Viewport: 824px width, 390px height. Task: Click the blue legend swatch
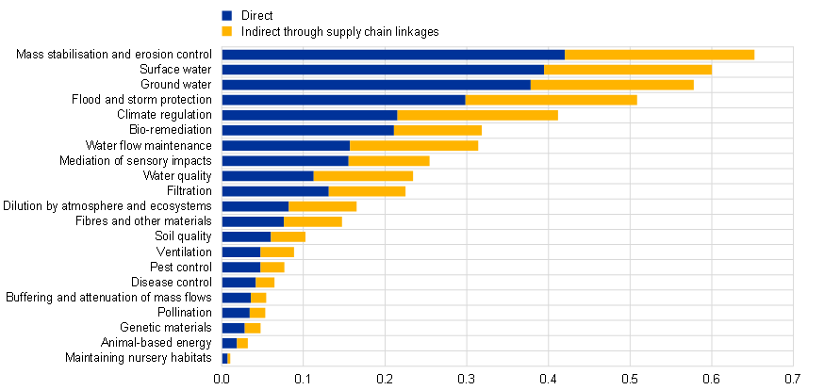(x=226, y=16)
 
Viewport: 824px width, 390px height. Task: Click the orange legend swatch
(x=226, y=32)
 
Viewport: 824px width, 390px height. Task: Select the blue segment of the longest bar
(x=393, y=55)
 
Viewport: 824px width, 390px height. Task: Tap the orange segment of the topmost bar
(x=660, y=55)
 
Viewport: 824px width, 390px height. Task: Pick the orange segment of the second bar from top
(x=627, y=70)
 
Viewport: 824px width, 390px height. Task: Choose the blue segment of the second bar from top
(x=383, y=70)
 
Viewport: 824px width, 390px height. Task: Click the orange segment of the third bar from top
(x=613, y=85)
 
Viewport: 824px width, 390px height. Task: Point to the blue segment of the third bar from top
(x=376, y=85)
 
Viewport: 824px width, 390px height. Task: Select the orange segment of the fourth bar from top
(x=552, y=100)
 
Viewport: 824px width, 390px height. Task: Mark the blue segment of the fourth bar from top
(x=344, y=100)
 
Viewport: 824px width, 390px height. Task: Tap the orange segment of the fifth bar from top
(x=478, y=115)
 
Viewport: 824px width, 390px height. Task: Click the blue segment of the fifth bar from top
(x=309, y=115)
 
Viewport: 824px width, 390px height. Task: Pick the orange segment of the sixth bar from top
(x=438, y=130)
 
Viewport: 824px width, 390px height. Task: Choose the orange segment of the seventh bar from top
(x=414, y=146)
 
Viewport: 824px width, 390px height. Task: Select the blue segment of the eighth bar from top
(x=285, y=161)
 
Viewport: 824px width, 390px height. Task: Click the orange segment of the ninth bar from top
(x=363, y=176)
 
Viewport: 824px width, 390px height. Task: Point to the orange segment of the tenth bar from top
(x=368, y=191)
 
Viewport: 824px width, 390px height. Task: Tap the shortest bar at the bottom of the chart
(x=226, y=358)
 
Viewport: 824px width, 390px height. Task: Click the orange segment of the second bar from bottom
(x=242, y=343)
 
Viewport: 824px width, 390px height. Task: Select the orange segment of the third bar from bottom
(x=253, y=328)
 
